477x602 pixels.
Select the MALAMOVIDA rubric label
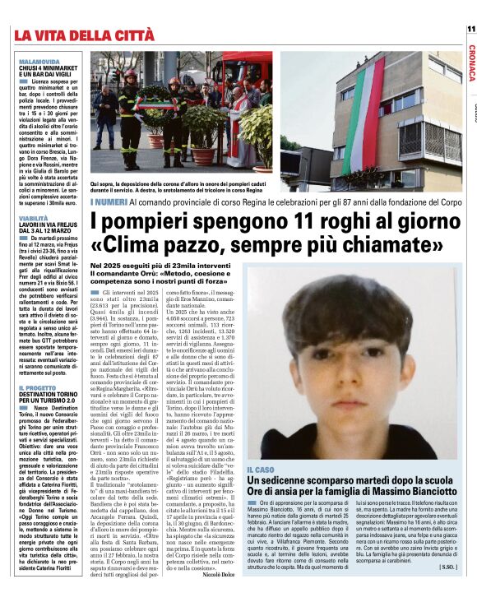click(x=39, y=61)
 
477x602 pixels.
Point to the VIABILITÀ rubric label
click(x=34, y=218)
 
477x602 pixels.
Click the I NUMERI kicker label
click(x=109, y=201)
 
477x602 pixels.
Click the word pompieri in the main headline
click(x=144, y=222)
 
